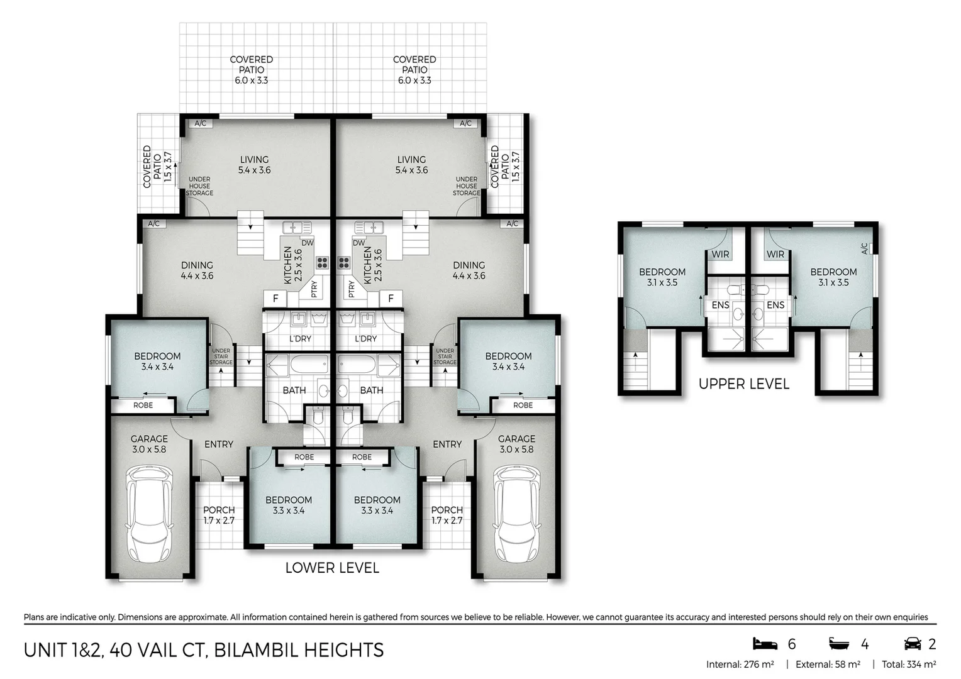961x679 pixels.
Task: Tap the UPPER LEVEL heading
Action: tap(744, 384)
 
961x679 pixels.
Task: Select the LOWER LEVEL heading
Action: tap(332, 568)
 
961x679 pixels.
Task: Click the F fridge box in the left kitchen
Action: tap(275, 298)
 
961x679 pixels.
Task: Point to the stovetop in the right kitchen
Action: tap(343, 263)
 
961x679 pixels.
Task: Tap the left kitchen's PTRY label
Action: tap(314, 289)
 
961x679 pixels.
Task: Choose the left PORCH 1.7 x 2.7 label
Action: tap(219, 515)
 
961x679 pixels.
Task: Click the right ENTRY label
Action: tap(447, 444)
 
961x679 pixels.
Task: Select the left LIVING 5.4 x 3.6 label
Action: tap(255, 165)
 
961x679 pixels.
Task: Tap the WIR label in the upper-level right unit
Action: tap(775, 255)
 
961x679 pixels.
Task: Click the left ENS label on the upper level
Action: tap(720, 305)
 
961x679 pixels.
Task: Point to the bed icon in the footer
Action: tap(765, 644)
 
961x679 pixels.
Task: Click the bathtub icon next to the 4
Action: tap(839, 644)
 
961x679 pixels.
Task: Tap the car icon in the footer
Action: tap(913, 644)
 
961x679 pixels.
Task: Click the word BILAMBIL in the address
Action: tap(256, 650)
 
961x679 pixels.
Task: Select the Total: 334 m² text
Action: tap(909, 665)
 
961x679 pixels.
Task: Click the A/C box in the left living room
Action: tap(201, 123)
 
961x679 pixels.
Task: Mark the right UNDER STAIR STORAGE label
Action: tap(445, 356)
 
